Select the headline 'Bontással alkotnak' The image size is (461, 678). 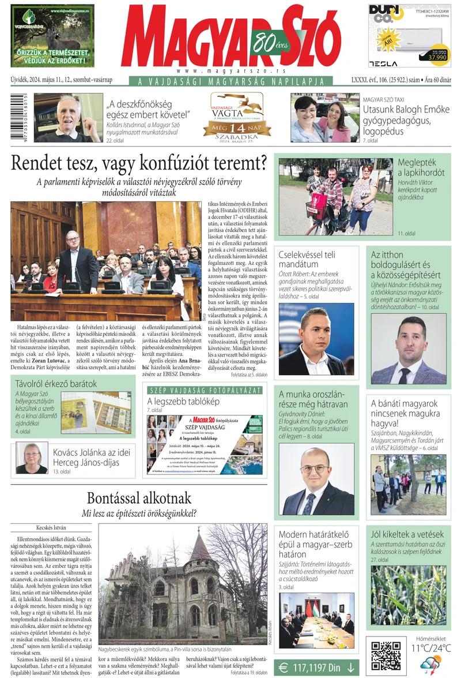pos(139,498)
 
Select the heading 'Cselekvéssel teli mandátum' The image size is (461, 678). pos(307,259)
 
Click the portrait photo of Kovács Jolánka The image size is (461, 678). pos(32,458)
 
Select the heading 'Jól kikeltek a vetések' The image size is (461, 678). pos(407,534)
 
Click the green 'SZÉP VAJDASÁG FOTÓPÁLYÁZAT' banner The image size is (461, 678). pos(205,390)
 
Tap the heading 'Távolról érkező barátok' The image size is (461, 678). pos(56,383)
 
